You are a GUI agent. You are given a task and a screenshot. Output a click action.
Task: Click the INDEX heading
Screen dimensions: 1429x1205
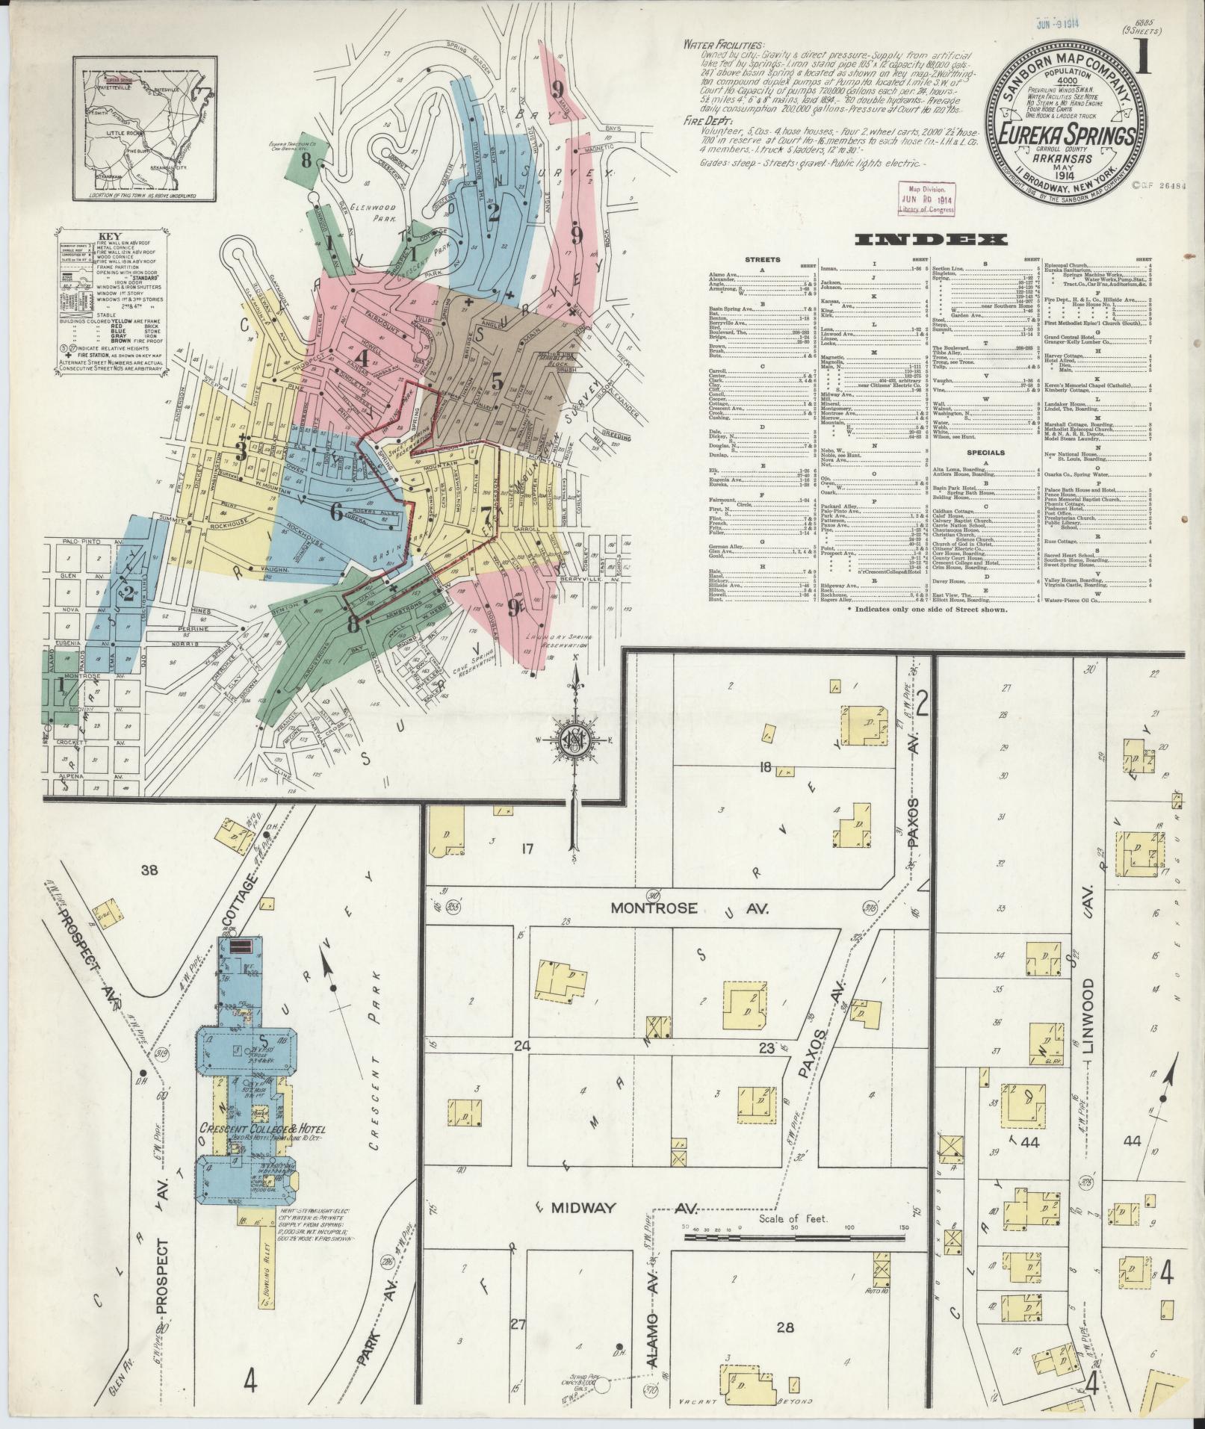(x=929, y=240)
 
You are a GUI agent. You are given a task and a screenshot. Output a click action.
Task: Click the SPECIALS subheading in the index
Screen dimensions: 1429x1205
(x=985, y=453)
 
